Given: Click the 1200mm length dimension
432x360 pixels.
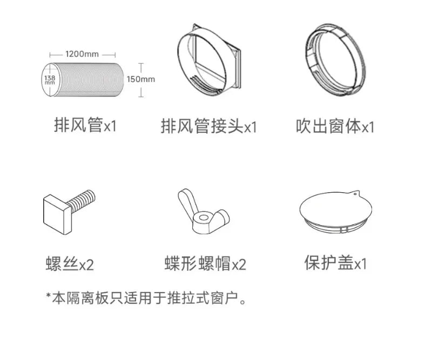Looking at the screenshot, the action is click(82, 54).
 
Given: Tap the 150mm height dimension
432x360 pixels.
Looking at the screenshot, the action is click(141, 79).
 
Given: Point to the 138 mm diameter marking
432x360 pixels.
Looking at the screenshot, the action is click(50, 80).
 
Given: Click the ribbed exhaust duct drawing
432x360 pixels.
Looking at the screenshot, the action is click(83, 80).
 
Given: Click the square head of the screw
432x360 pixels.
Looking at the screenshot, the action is click(57, 214).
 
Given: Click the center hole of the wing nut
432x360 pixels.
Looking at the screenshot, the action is click(204, 218).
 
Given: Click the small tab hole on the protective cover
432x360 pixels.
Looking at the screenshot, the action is click(355, 194).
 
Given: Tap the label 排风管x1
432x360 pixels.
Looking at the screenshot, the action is click(85, 125).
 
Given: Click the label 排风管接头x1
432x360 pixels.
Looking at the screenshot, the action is click(208, 126).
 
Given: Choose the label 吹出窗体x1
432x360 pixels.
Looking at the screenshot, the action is click(335, 126).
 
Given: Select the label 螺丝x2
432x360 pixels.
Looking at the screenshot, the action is click(70, 264).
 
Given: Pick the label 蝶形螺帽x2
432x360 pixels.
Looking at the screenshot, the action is click(205, 263).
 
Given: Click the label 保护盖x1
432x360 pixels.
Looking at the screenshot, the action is click(335, 263).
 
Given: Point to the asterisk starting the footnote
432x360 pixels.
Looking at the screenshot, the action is click(49, 296).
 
